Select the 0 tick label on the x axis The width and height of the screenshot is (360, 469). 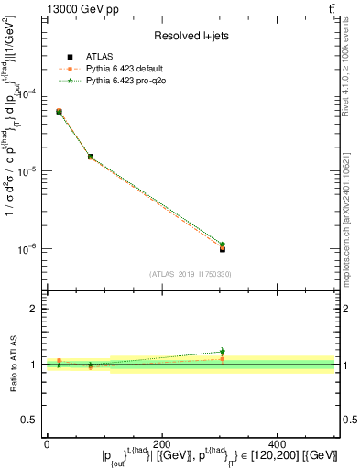point(47,443)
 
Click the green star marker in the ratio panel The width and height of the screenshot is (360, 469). point(223,352)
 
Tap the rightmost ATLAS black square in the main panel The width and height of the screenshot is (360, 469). point(223,248)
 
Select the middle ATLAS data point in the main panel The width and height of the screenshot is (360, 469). point(90,157)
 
